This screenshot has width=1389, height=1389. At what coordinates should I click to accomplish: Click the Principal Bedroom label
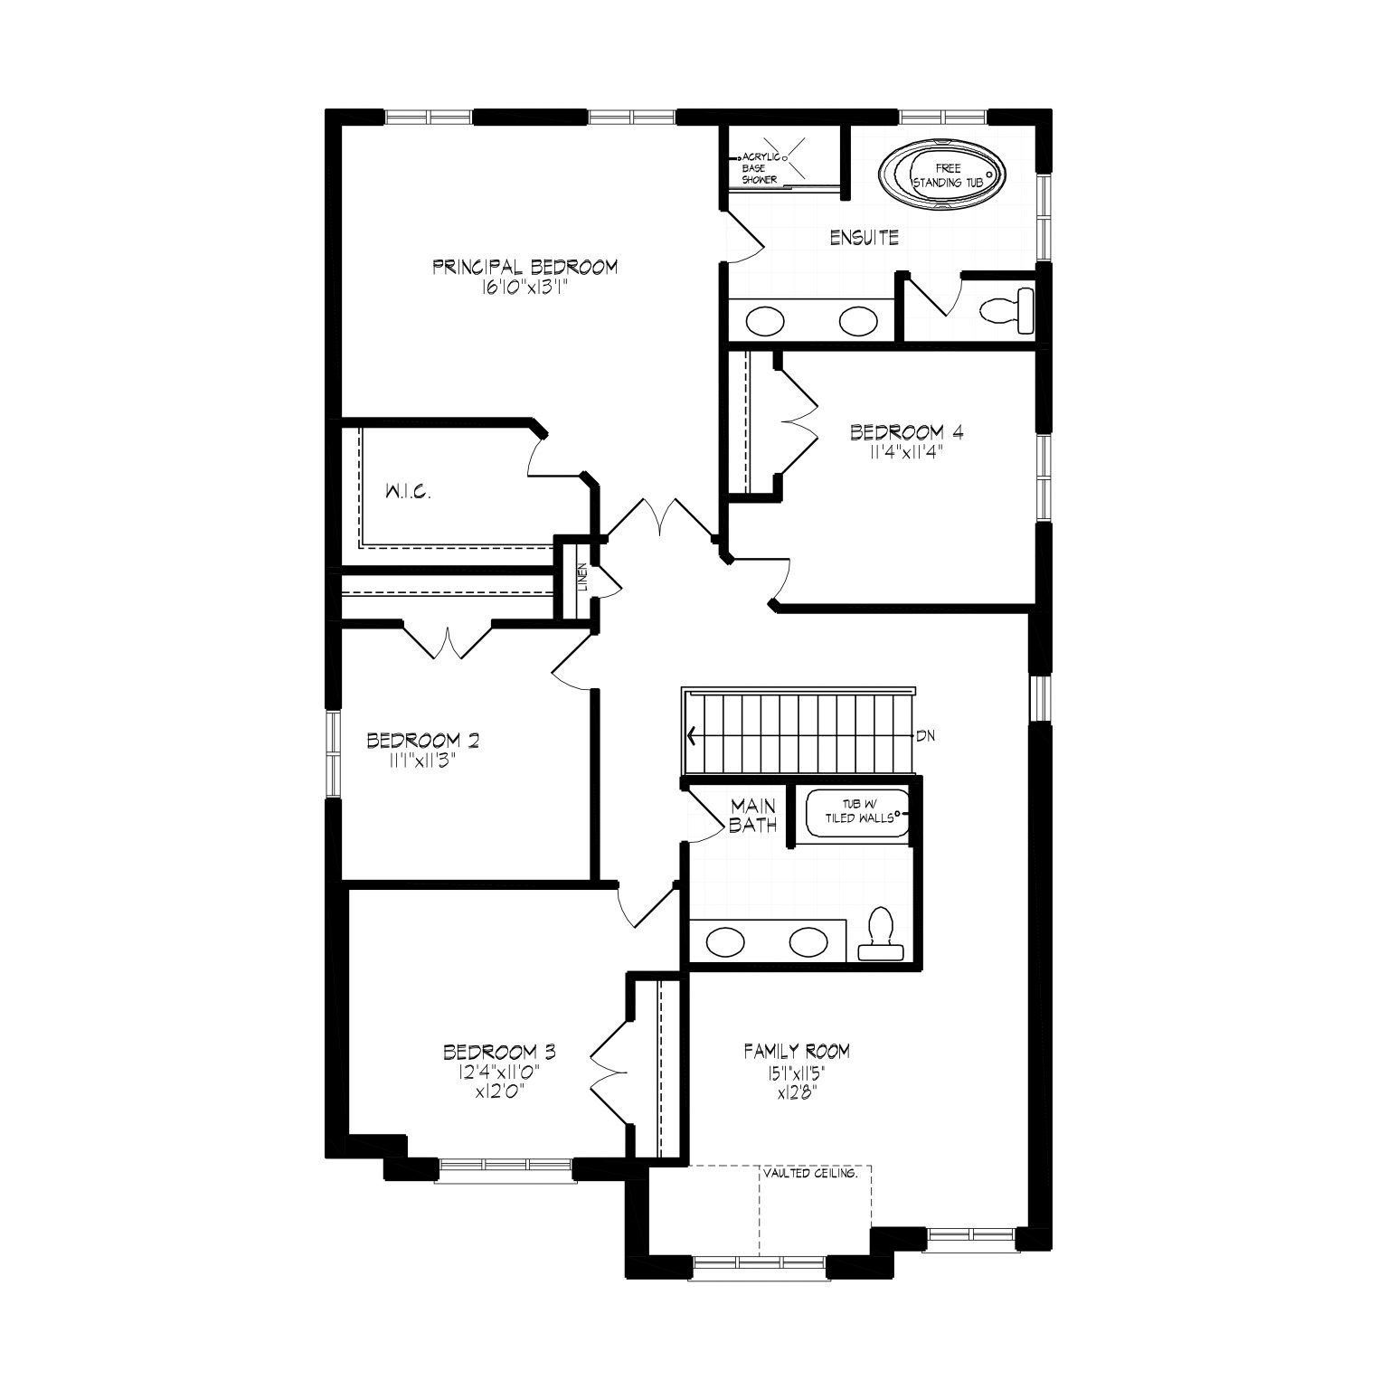[525, 267]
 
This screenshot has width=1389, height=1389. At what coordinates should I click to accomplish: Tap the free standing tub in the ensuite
[942, 175]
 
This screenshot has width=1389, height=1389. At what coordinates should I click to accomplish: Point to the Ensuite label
[865, 238]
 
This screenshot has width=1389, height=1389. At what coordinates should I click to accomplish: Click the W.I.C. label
[407, 493]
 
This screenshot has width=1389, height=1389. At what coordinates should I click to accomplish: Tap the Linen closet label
[582, 577]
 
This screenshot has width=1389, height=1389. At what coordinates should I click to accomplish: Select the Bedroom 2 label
[423, 742]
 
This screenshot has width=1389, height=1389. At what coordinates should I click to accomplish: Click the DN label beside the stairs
[925, 735]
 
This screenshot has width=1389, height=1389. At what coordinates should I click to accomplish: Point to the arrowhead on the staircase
[693, 735]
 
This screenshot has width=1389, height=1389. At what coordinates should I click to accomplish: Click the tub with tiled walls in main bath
[857, 816]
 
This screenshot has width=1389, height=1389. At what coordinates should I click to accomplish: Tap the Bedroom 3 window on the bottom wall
[505, 1170]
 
